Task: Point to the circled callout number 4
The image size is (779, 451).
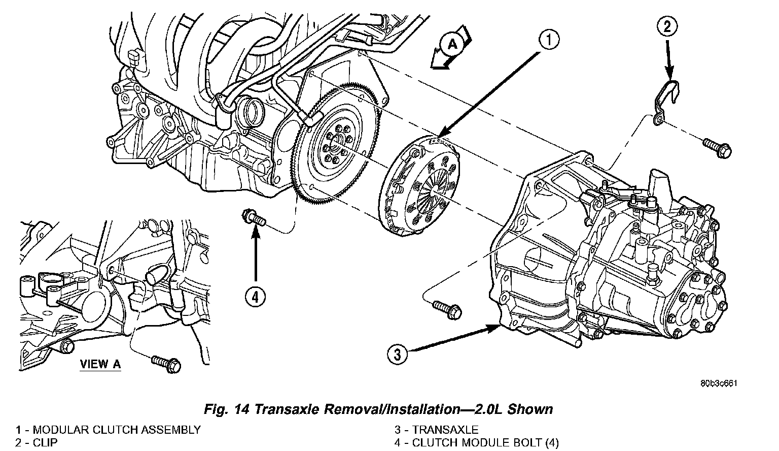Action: pyautogui.click(x=255, y=297)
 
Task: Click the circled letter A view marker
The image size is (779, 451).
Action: pyautogui.click(x=452, y=45)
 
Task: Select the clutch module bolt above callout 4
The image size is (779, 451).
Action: pyautogui.click(x=255, y=219)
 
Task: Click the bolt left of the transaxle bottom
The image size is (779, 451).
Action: pyautogui.click(x=447, y=308)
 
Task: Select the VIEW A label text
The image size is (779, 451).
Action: pyautogui.click(x=100, y=364)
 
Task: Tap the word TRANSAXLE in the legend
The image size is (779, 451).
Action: pyautogui.click(x=445, y=430)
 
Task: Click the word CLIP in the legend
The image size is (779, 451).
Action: pyautogui.click(x=45, y=442)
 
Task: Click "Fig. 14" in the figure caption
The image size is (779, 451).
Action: pyautogui.click(x=228, y=409)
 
